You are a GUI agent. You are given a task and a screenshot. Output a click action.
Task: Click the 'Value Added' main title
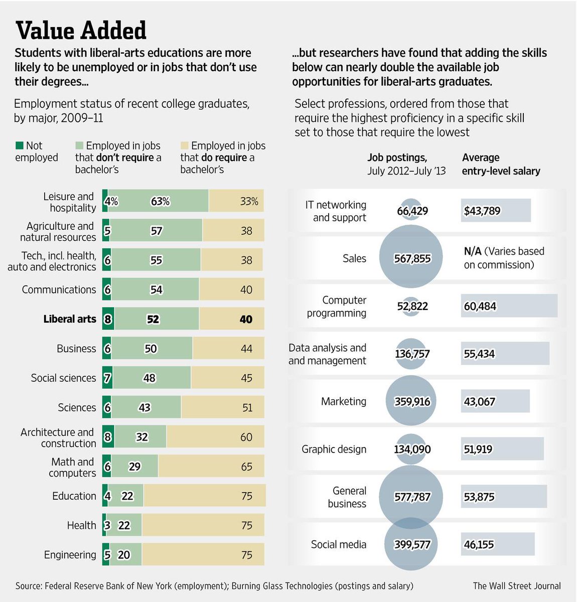coord(81,31)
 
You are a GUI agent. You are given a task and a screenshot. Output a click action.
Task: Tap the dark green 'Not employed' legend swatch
coord(20,145)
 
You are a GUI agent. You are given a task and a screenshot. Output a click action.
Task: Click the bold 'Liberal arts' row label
coord(69,319)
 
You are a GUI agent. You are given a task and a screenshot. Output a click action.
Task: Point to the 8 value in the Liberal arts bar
coord(107,319)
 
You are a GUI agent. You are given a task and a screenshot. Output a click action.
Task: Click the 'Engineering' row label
coord(70,555)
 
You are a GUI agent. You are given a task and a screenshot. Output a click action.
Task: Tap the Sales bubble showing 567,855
coord(411,259)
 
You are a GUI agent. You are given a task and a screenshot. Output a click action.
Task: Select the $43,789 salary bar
coord(495,211)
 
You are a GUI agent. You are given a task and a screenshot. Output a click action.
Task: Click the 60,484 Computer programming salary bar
coord(509,306)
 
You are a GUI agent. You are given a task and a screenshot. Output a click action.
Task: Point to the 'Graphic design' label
coord(334,449)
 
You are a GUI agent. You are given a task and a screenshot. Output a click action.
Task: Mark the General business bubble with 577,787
coord(411,497)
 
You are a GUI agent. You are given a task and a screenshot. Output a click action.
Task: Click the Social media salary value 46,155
coord(479,545)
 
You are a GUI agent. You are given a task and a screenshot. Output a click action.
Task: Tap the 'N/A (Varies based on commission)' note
coord(504,258)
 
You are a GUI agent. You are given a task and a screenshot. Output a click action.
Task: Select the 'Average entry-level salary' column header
coord(501,164)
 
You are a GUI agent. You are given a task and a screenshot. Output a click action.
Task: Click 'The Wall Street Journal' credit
coord(517,586)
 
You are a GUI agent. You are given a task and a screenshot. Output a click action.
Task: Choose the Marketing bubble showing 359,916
coord(411,402)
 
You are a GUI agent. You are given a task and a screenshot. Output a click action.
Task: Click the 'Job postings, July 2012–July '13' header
coord(406,164)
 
